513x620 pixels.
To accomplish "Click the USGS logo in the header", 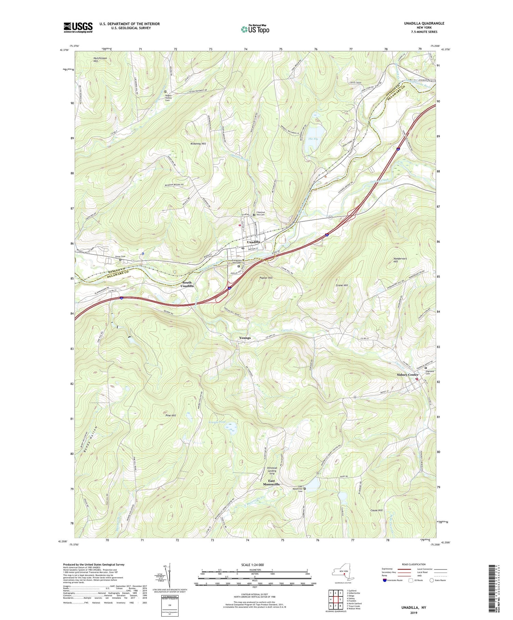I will click(78, 27).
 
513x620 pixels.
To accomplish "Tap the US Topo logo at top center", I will click(255, 29).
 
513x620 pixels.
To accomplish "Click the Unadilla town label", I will click(253, 242).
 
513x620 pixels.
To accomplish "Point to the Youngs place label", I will click(245, 338).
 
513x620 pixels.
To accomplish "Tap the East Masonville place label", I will click(271, 483).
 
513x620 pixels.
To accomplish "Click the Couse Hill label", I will click(376, 510).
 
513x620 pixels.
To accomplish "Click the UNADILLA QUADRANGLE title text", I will click(424, 23).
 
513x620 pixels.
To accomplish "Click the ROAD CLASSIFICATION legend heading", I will click(414, 564).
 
